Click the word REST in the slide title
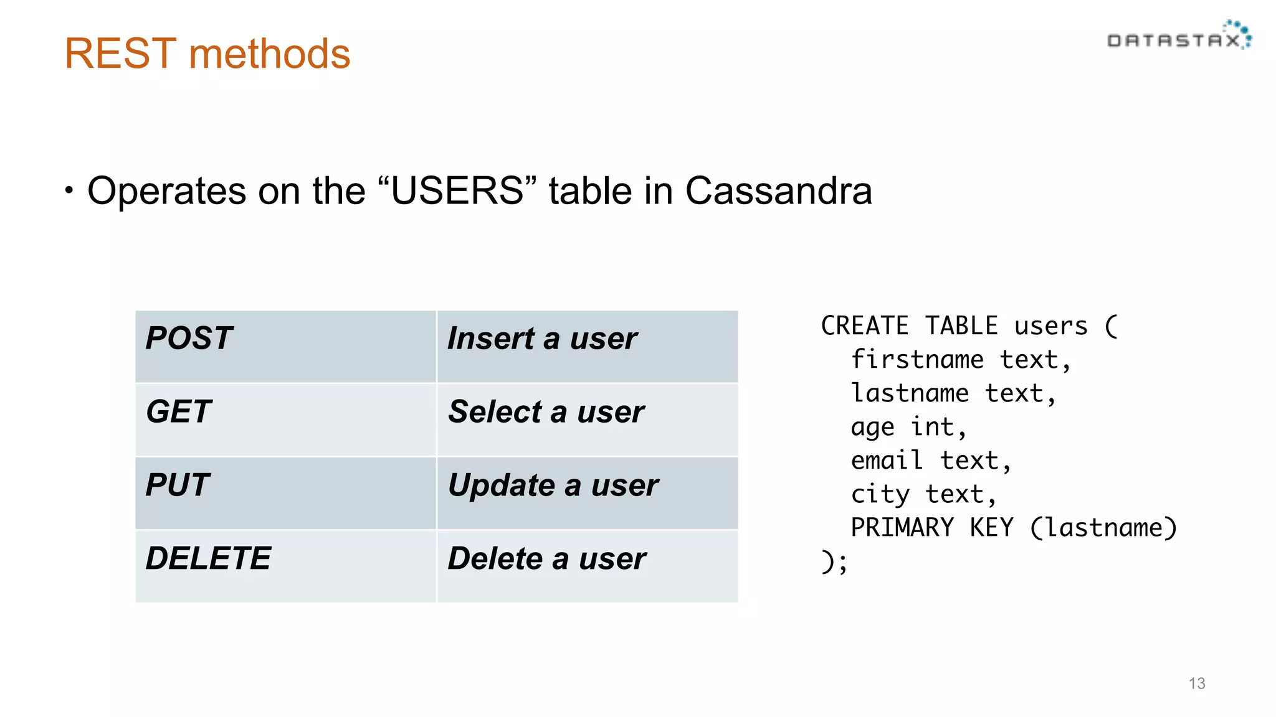coord(120,54)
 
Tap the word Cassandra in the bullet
coord(778,190)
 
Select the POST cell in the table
coord(285,346)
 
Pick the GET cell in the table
coord(285,419)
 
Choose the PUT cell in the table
coord(285,492)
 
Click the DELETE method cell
coord(285,565)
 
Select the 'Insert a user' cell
coord(587,346)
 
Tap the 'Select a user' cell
coord(587,419)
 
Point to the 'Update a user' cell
coord(587,492)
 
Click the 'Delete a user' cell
coord(587,565)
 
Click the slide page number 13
coord(1196,683)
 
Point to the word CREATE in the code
coord(864,326)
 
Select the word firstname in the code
coord(917,360)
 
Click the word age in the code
coord(872,428)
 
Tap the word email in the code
coord(887,461)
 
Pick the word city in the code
coord(880,495)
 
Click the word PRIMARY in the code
coord(902,528)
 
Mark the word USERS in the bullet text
coord(457,190)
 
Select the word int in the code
coord(933,427)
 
